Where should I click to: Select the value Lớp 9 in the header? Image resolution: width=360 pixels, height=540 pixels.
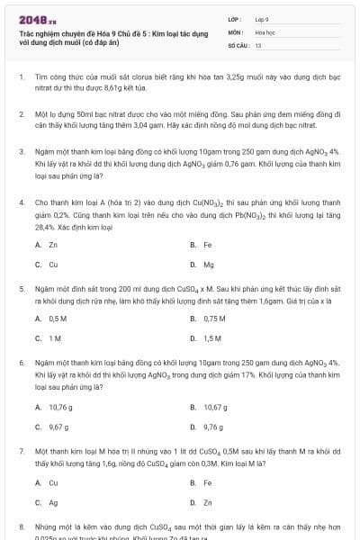261,18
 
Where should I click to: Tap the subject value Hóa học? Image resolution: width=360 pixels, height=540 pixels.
264,31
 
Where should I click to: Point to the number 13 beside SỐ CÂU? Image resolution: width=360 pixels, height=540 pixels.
258,43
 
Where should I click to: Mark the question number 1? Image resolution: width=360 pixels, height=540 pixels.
21,78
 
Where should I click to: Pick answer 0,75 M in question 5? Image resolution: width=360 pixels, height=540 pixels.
214,319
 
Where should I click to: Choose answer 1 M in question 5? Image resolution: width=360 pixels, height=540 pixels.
55,338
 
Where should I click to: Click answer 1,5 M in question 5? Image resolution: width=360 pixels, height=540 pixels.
212,338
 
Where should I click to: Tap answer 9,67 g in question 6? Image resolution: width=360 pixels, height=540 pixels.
58,427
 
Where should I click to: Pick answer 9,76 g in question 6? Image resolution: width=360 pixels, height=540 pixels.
213,427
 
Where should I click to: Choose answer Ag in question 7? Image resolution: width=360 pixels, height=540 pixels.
54,502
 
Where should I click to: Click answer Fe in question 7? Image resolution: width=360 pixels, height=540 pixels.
208,482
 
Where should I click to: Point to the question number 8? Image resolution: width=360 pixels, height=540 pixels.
21,525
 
